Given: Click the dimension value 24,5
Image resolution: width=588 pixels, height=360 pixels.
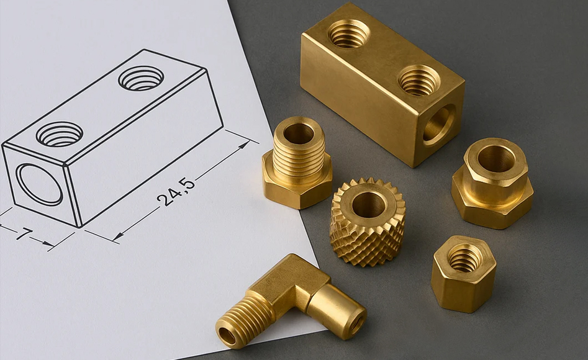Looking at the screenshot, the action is click(x=176, y=191).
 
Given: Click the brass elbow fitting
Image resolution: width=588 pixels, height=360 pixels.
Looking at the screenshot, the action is click(x=291, y=302).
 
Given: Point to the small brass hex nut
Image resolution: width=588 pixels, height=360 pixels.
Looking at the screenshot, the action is click(x=463, y=273).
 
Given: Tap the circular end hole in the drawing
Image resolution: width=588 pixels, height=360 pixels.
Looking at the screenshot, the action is click(x=39, y=184).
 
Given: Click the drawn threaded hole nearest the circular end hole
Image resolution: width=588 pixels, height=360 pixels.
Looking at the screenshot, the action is click(x=60, y=134).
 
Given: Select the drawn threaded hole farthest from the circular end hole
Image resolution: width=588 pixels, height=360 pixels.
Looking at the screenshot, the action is click(x=141, y=78).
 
